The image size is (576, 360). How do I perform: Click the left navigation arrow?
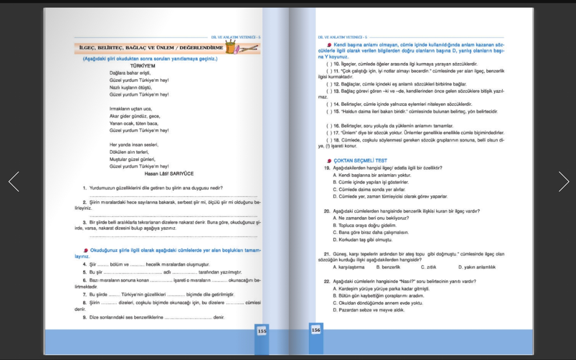click(14, 182)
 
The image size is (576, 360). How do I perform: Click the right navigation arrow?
click(564, 182)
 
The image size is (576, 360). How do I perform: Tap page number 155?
click(262, 331)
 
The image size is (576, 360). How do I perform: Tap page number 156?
click(316, 330)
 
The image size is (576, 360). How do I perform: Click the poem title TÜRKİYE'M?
click(142, 66)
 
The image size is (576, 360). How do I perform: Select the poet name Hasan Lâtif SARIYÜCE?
click(169, 174)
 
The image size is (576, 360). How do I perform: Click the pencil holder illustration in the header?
click(231, 48)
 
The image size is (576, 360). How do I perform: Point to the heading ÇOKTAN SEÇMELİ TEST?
click(360, 160)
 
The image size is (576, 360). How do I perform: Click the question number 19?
click(327, 168)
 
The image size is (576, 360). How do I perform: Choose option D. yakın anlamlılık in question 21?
click(477, 267)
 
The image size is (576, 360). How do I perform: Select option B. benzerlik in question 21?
click(388, 267)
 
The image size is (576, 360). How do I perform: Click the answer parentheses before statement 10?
click(329, 64)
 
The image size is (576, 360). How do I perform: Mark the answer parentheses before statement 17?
click(329, 133)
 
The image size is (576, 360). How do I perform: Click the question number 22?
click(327, 282)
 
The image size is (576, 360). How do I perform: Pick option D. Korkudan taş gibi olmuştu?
click(362, 240)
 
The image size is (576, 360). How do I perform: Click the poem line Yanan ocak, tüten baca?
click(134, 124)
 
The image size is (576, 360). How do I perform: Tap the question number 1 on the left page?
click(85, 188)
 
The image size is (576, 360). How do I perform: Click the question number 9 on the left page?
click(85, 318)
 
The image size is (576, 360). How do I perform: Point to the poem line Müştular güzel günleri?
click(132, 159)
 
